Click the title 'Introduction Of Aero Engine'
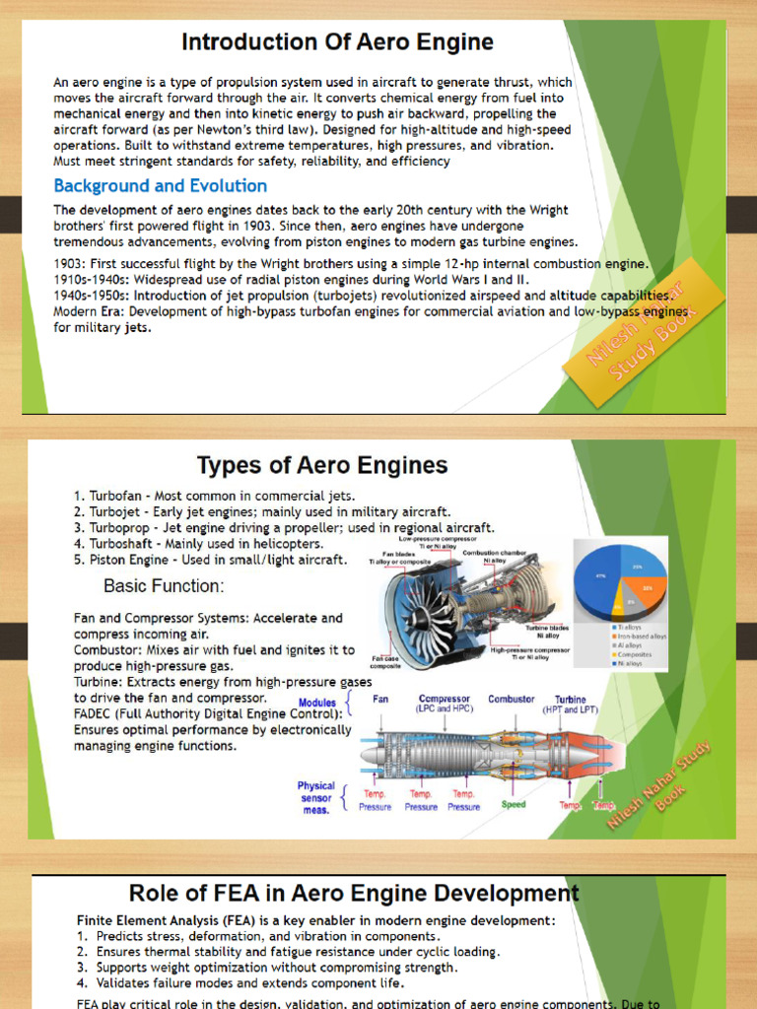[x=338, y=42]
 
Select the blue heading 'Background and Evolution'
[x=160, y=185]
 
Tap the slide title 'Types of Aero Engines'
[x=322, y=464]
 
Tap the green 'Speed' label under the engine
[x=514, y=805]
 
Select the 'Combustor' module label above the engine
[x=512, y=699]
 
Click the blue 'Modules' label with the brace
[x=317, y=703]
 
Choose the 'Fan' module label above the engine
[x=380, y=699]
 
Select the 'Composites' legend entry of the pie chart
[x=637, y=654]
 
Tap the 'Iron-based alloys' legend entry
[x=642, y=636]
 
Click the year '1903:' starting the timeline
[x=74, y=263]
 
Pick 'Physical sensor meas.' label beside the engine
[x=316, y=798]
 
